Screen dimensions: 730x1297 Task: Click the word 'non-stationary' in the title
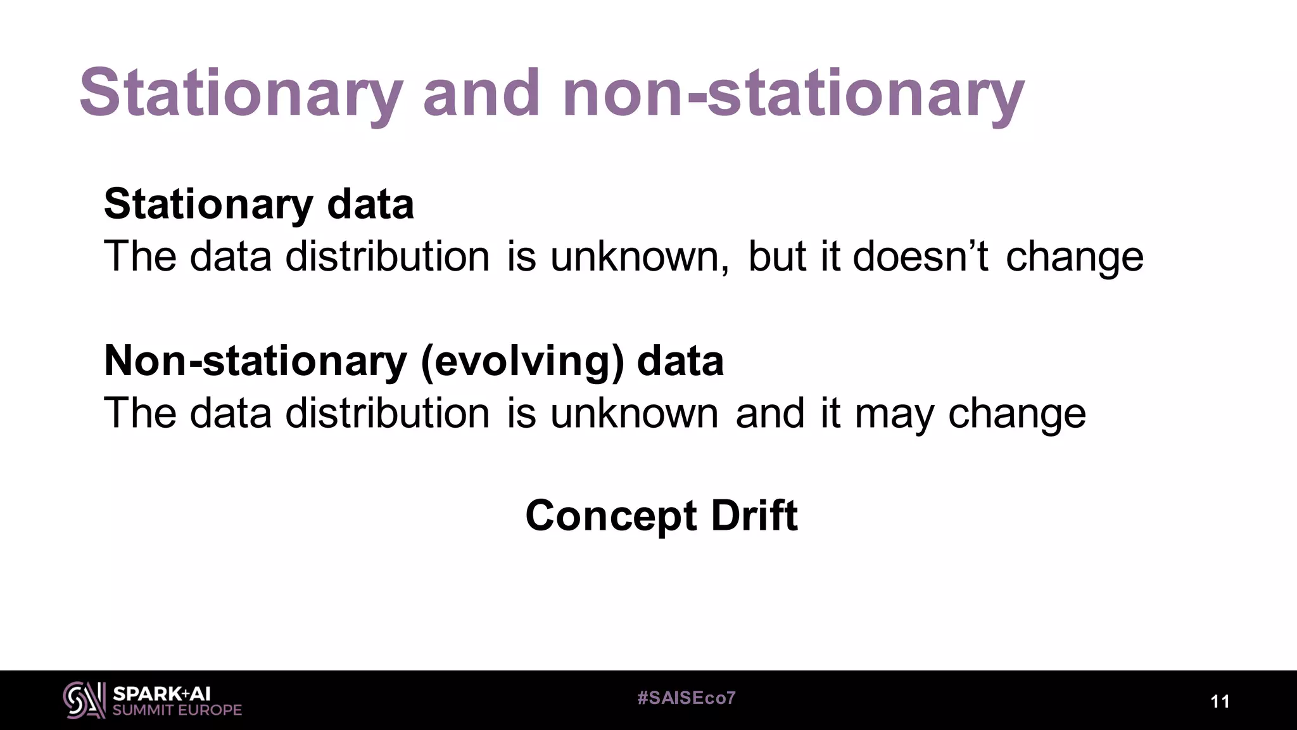tap(793, 95)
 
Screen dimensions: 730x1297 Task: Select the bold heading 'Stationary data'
tap(258, 205)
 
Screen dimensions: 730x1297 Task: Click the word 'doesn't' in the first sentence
tap(920, 256)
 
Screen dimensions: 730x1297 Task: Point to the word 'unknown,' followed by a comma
tap(639, 257)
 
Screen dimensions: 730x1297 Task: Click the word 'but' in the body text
tap(777, 256)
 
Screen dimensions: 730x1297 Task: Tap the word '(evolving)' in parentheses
tap(522, 361)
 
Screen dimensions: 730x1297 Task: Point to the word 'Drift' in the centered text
tap(754, 515)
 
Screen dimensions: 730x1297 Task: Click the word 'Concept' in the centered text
tap(611, 516)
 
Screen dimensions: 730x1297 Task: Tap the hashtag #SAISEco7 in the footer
tap(686, 698)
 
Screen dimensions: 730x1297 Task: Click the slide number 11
tap(1220, 701)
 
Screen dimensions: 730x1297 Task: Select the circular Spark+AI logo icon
tap(84, 700)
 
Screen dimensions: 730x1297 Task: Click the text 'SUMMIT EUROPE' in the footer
tap(177, 710)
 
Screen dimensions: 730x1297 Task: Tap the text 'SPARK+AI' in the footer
tap(161, 693)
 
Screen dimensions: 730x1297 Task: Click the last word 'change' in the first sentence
tap(1074, 257)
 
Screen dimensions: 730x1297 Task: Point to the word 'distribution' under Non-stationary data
tap(387, 413)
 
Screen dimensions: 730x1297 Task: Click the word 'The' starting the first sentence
tap(140, 256)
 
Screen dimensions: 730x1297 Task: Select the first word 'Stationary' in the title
tap(241, 95)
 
